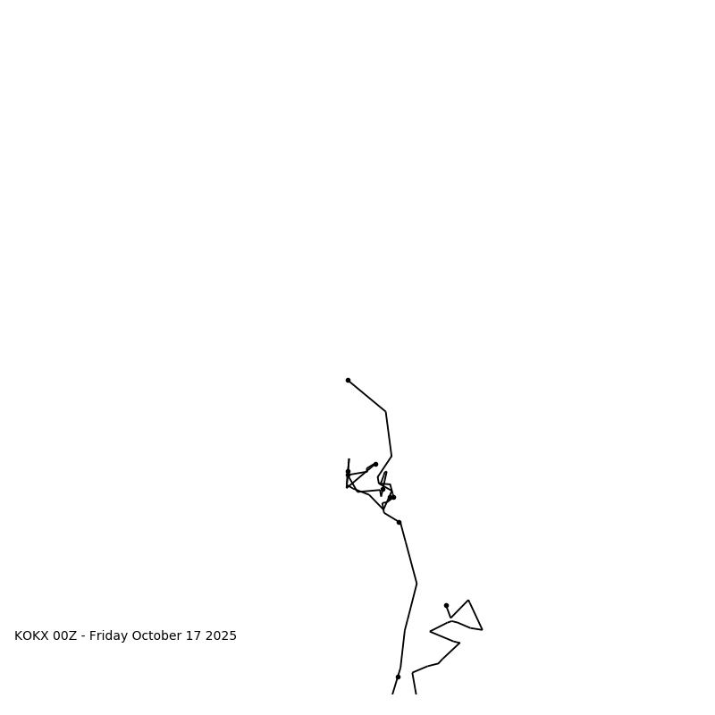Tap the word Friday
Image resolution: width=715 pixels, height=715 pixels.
(108, 636)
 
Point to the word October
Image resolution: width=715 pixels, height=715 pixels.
(156, 636)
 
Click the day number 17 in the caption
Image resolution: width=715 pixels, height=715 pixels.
(193, 636)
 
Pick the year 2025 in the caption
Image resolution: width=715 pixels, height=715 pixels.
(221, 636)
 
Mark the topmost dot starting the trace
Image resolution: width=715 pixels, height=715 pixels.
(348, 380)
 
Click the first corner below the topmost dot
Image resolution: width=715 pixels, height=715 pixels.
(386, 412)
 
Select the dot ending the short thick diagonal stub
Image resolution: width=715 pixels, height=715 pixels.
(375, 464)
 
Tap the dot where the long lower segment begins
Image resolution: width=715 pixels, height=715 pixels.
(399, 522)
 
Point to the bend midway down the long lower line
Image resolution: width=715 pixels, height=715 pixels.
(416, 584)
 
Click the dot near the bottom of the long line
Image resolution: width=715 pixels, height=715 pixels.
(398, 677)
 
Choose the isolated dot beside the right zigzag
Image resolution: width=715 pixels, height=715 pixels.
(446, 605)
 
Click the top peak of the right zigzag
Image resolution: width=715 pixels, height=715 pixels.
(468, 601)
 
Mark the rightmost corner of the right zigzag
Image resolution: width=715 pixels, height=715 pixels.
(483, 630)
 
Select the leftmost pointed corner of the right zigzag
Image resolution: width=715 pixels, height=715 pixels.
(430, 632)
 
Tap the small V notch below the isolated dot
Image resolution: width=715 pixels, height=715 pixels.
(451, 617)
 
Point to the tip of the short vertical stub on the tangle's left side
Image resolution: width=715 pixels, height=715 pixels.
(349, 459)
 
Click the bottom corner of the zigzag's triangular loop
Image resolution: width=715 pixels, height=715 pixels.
(459, 643)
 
